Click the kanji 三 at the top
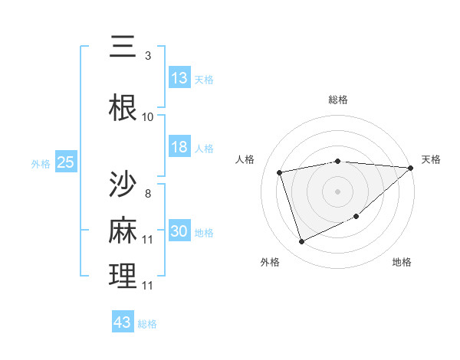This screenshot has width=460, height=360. pos(123,48)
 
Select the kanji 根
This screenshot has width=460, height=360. pos(123,108)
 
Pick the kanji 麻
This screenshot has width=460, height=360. pos(123,230)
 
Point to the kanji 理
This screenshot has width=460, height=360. pos(123,276)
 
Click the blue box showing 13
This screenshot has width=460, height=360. pos(179,78)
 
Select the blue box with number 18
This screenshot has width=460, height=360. pos(179,147)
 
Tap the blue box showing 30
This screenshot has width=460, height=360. pos(179,231)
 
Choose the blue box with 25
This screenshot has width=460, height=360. pos(66,162)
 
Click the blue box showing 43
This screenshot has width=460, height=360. pos(123,322)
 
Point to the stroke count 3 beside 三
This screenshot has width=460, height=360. pos(147,56)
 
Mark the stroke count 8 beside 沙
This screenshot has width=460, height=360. pos(147,193)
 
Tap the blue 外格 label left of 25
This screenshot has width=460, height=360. pos(41,163)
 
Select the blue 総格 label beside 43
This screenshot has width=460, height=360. pos(147,324)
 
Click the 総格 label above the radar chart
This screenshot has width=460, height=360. pos(337,100)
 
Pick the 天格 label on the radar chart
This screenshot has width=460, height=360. pos(431,159)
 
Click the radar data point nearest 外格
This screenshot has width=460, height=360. pos(301,242)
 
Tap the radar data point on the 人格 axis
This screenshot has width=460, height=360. pos(280,172)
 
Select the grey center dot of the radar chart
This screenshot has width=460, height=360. pos(337,191)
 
